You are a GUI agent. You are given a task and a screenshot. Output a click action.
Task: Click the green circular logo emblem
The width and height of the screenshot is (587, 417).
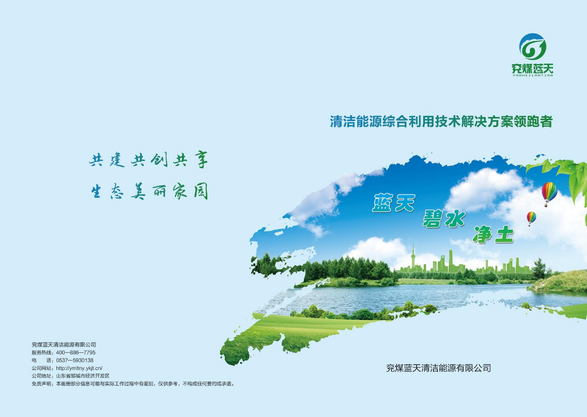pos(532,47)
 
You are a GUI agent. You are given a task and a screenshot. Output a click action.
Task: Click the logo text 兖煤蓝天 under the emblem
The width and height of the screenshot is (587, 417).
pos(532,68)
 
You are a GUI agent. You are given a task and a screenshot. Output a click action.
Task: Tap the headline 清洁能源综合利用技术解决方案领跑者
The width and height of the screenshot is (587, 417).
pos(441,122)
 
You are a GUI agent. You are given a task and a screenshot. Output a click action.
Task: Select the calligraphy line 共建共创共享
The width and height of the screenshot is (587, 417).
pos(149,160)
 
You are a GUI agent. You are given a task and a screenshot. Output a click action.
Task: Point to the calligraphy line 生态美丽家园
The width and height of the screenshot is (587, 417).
pos(149,192)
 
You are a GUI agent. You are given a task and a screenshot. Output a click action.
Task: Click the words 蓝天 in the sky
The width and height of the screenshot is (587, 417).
pos(394,203)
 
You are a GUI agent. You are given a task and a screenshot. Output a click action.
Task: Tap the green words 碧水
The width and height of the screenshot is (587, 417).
pos(444,218)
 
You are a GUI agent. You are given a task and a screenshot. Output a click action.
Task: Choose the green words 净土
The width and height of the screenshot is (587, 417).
pos(492,234)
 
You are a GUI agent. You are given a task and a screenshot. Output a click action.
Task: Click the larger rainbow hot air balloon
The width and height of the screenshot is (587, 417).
pos(549,193)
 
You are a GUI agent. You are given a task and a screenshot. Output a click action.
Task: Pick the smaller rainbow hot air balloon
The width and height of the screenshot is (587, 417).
pos(531,218)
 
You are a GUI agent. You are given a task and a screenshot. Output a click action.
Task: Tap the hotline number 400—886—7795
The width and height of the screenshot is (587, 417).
pos(76,352)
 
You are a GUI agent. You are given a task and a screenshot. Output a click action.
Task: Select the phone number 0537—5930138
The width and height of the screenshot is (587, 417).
pos(75,360)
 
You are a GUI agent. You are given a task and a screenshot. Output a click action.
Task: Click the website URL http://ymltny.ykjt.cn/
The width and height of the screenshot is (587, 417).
pos(79,368)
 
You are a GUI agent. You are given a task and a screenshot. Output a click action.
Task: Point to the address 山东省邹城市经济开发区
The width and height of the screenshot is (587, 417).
pos(83,375)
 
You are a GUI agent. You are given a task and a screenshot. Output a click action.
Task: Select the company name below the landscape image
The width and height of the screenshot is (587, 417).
pos(438,368)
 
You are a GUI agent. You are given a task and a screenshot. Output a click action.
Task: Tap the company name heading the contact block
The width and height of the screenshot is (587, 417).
pos(64,344)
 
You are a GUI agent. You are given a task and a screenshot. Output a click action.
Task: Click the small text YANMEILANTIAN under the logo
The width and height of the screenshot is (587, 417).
pos(532,75)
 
